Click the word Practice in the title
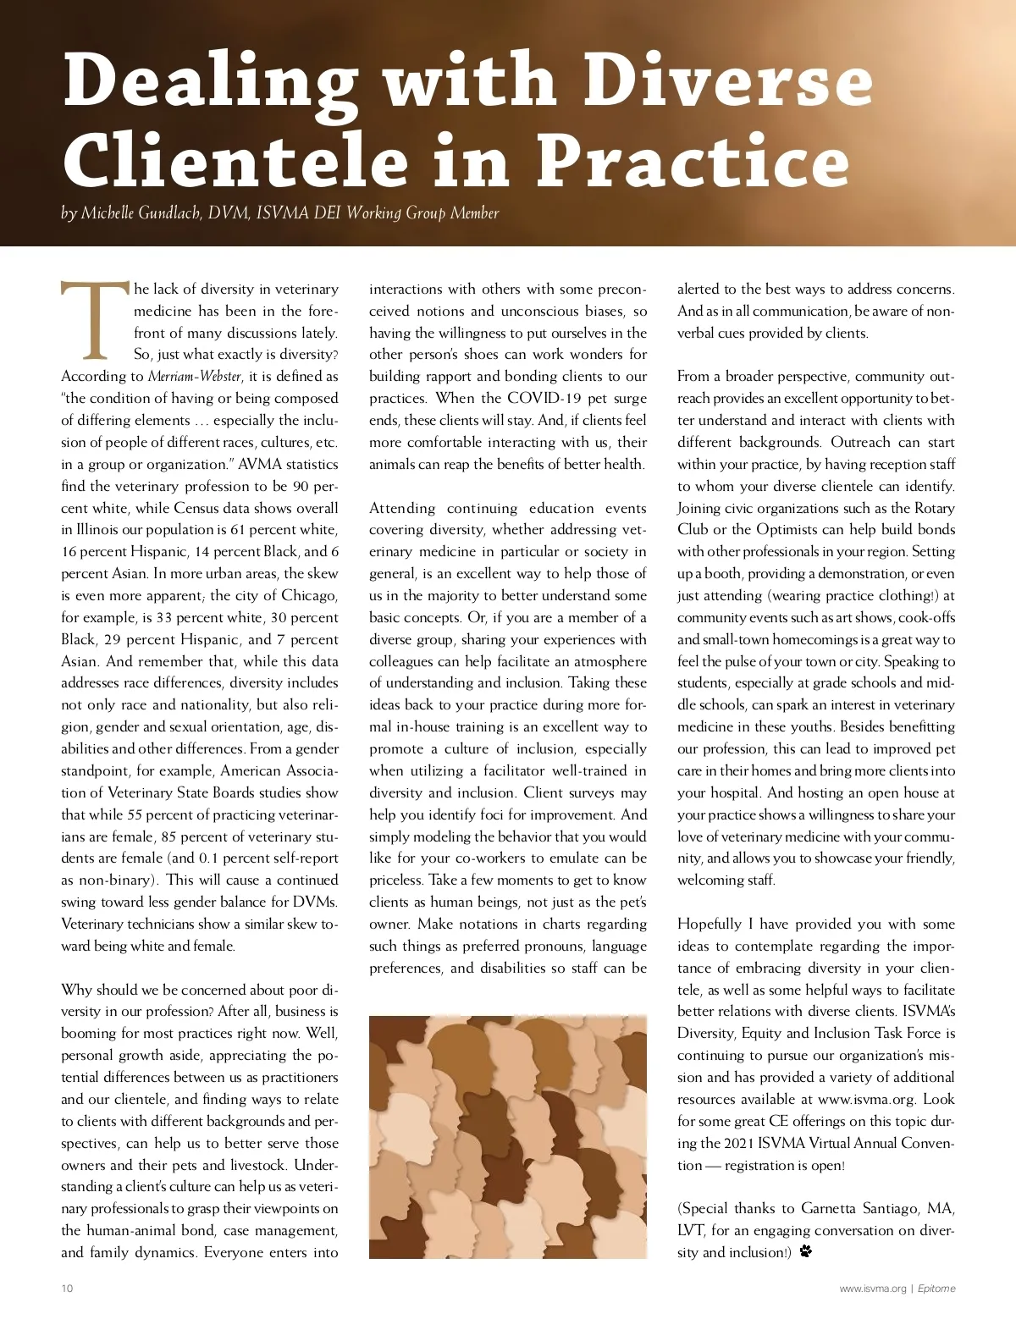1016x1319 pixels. tap(693, 161)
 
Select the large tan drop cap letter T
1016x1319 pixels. tap(94, 322)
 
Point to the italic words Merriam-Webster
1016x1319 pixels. tap(195, 377)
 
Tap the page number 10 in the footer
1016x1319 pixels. tap(67, 1289)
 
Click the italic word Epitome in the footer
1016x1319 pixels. tap(936, 1289)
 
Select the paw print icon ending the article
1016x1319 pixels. tap(805, 1251)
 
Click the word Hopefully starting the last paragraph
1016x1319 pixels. tap(710, 924)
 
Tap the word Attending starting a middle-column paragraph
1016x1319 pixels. tap(402, 508)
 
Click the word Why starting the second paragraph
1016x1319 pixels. tap(76, 990)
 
